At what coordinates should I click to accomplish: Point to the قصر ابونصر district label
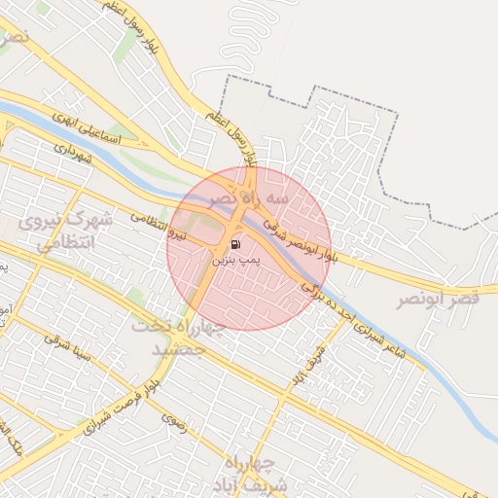tap(438, 300)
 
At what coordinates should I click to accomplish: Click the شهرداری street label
tap(72, 153)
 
